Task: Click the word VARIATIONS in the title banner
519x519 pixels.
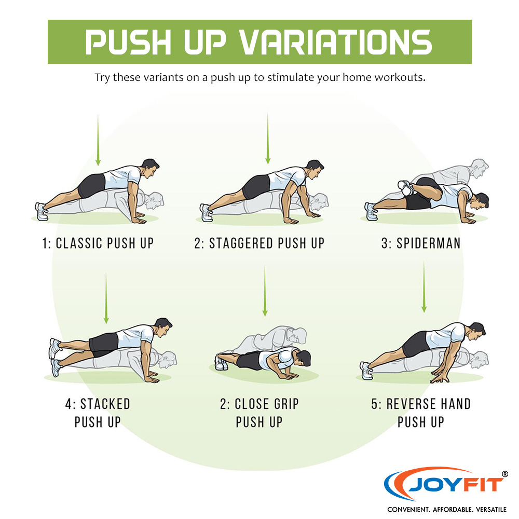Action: [335, 42]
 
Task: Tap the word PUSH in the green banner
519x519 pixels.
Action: [128, 42]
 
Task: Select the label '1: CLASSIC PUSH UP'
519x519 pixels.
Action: [98, 243]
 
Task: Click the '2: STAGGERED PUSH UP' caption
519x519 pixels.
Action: [259, 243]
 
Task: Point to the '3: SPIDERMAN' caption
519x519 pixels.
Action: [421, 243]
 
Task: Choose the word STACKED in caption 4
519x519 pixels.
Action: [105, 404]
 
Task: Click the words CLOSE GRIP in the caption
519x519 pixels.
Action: [266, 404]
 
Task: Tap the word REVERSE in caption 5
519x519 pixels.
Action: [411, 404]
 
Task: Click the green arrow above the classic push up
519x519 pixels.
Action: [98, 140]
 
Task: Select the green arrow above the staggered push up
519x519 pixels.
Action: [268, 139]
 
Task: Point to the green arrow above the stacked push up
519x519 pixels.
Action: [106, 298]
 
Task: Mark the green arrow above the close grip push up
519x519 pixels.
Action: [265, 291]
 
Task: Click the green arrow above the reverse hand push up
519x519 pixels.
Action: [424, 287]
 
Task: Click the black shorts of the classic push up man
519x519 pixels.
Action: [92, 186]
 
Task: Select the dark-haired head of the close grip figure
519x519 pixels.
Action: [303, 358]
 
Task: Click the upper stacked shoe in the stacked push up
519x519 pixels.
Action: [54, 348]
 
